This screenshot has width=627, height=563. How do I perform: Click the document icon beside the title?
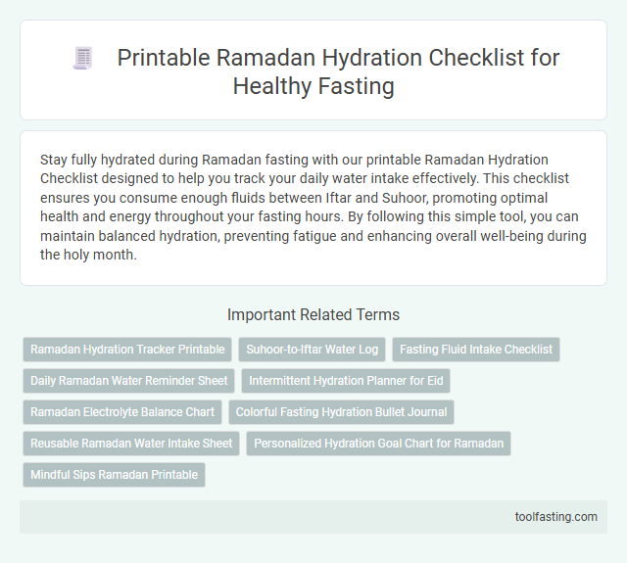point(82,58)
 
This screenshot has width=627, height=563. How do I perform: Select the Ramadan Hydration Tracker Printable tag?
point(127,350)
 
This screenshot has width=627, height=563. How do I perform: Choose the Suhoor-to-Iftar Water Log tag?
point(311,350)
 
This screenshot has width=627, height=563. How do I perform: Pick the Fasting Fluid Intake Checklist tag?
point(475,350)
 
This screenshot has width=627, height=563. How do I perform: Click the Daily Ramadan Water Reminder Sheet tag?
point(128,381)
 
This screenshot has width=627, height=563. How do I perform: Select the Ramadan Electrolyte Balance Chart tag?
point(121,412)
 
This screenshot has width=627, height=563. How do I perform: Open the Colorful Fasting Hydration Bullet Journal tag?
point(341,412)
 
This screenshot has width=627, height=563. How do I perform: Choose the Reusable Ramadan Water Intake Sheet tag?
point(131,444)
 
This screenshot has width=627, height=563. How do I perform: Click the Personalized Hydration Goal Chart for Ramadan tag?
point(378,444)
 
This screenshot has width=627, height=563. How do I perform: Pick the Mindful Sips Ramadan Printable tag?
point(114,475)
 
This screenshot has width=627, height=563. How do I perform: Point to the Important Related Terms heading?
point(313,315)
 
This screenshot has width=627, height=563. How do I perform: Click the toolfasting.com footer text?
point(555,517)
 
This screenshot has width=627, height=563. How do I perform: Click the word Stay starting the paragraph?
point(56,159)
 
